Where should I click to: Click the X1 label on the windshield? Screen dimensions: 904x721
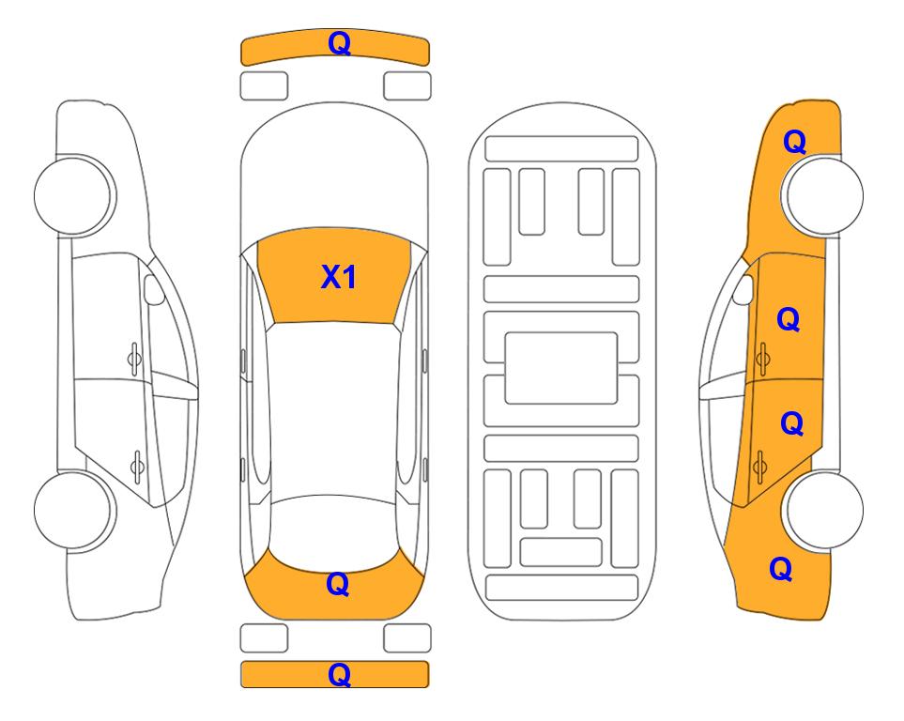coord(339,277)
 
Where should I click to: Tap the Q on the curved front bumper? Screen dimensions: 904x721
coord(340,42)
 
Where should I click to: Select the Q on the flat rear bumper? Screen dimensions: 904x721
coord(340,674)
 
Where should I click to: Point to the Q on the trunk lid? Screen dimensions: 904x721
coord(338,584)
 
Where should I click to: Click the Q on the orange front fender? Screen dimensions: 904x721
coord(794,142)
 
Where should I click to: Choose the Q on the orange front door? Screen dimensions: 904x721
coord(789,319)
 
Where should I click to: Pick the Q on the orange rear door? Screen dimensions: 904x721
coord(791,423)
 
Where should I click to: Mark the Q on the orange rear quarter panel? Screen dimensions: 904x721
coord(781,569)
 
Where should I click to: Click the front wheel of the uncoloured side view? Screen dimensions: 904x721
coord(74,195)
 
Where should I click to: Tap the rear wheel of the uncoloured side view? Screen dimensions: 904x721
coord(74,510)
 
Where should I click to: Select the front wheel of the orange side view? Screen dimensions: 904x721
coord(822,195)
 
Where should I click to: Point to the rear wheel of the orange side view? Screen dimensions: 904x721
coord(824,510)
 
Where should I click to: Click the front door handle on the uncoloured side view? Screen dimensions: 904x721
coord(134,359)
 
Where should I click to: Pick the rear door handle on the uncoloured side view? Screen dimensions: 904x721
coord(137,466)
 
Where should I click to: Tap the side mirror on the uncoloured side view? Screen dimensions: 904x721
coord(153,289)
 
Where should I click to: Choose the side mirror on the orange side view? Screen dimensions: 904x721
coord(743,289)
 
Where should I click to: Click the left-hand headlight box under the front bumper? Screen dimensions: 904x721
coord(264,86)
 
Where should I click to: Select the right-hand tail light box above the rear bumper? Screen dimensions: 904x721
coord(407,638)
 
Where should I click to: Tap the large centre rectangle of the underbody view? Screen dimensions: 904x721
coord(561,368)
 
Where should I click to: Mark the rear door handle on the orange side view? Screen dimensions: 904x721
coord(760,466)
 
